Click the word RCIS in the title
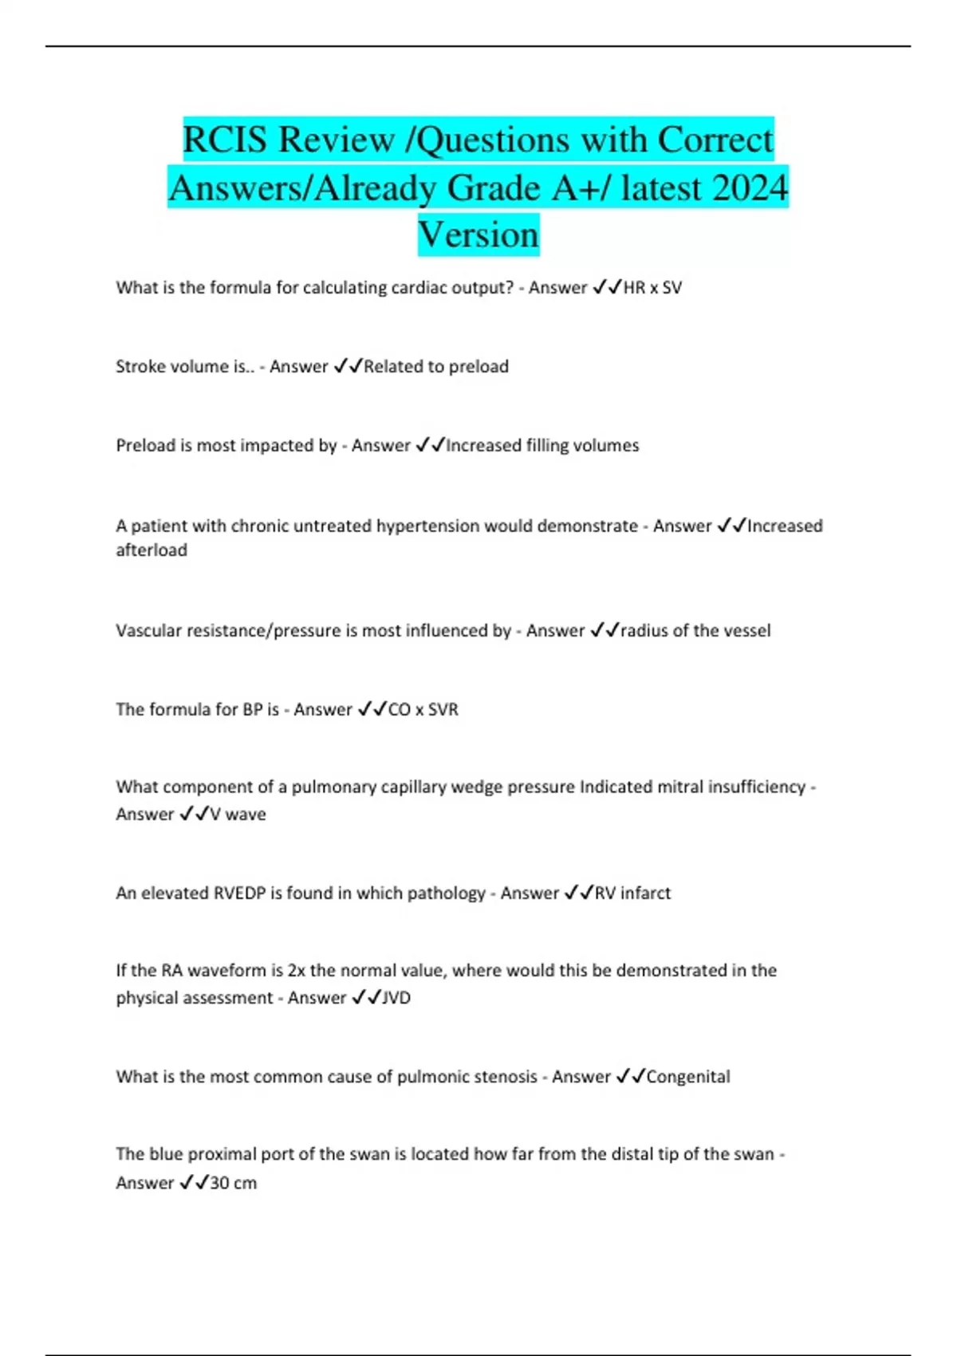[x=224, y=140]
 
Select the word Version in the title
[x=478, y=235]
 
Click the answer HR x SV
[x=652, y=288]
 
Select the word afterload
[x=152, y=550]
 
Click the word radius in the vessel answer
[x=644, y=631]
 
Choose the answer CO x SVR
[x=423, y=710]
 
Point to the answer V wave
[x=238, y=814]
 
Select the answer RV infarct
[x=632, y=893]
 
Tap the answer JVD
[x=396, y=998]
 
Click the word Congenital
[x=688, y=1077]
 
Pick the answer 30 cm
[x=233, y=1183]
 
